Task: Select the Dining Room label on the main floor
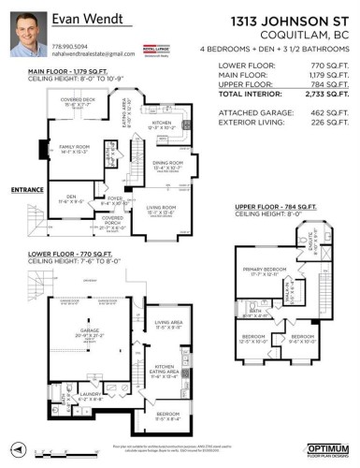tap(167, 162)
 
